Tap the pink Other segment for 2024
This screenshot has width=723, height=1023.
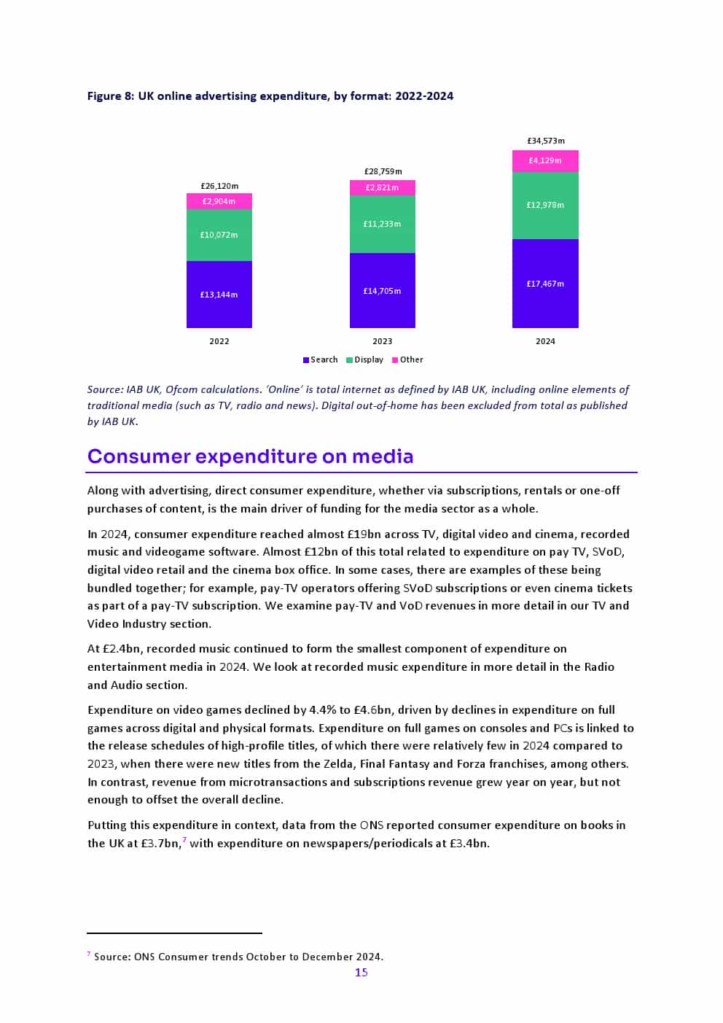click(x=545, y=161)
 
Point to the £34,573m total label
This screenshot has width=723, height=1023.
click(x=545, y=141)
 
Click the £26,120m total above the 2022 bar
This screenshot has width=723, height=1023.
click(x=219, y=186)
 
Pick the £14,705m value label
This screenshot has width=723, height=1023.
click(x=382, y=291)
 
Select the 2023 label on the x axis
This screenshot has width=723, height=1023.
click(x=382, y=341)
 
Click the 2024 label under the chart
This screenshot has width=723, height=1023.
click(x=545, y=341)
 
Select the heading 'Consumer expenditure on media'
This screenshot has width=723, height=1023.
click(x=250, y=456)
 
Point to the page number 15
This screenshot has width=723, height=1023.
click(x=361, y=973)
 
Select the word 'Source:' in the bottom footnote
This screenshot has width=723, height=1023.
click(x=112, y=957)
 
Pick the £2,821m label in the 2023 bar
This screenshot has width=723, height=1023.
click(x=382, y=187)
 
